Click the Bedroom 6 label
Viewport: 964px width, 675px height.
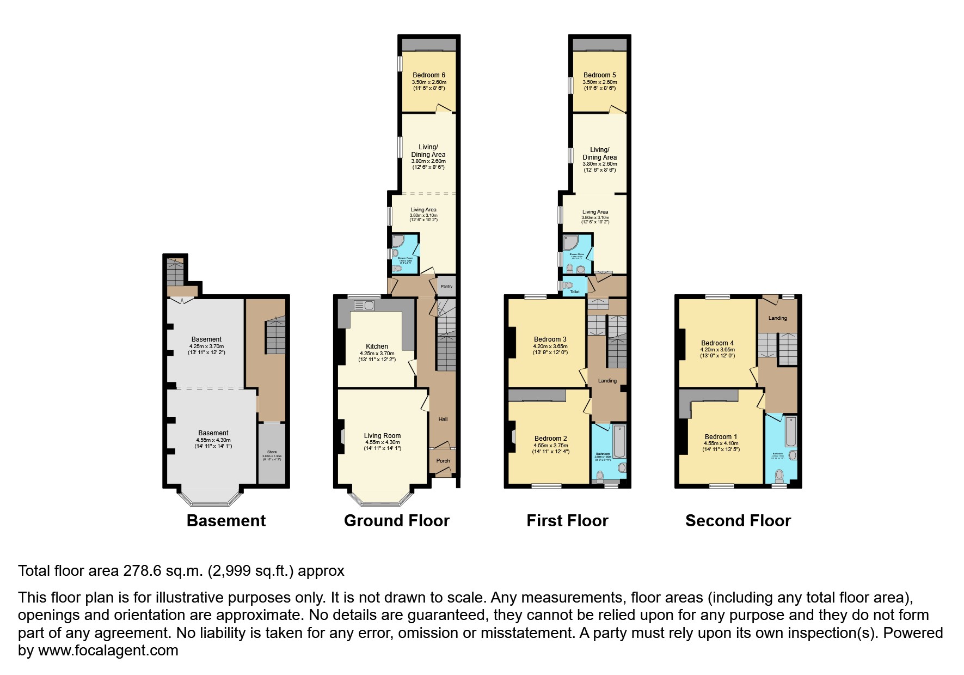point(429,75)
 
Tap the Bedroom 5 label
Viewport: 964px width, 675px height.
point(599,75)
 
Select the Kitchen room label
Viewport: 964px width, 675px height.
point(377,346)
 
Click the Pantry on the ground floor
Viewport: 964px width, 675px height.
point(446,287)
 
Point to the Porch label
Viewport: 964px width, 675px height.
point(443,461)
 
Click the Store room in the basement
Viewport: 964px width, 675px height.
point(272,453)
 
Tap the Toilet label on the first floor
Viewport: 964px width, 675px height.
point(575,292)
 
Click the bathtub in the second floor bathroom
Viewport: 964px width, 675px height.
point(790,432)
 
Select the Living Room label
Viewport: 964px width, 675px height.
point(382,436)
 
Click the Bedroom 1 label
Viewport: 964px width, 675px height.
point(721,437)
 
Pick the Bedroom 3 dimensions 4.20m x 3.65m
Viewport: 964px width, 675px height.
point(550,346)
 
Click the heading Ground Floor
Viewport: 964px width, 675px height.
point(396,521)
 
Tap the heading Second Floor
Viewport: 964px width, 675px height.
point(738,521)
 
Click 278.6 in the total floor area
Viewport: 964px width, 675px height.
point(143,571)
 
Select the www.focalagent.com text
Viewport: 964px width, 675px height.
point(108,650)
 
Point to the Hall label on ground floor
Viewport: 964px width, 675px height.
point(443,419)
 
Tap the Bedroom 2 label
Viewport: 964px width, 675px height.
point(550,439)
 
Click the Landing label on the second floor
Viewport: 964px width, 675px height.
point(777,318)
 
